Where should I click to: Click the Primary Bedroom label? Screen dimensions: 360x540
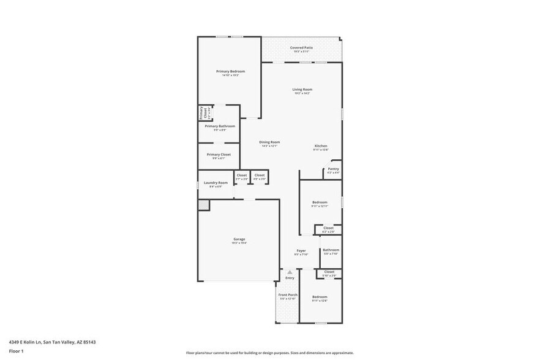(x=230, y=72)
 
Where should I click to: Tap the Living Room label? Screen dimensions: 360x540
(x=302, y=89)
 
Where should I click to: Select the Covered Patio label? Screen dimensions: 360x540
(x=301, y=47)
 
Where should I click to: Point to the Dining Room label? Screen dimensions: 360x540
(x=269, y=142)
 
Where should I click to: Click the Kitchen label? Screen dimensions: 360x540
(x=321, y=146)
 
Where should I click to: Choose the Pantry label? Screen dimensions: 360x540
(x=333, y=169)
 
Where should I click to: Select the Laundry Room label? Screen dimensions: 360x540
(x=216, y=182)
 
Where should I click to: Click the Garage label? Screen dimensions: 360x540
(x=239, y=239)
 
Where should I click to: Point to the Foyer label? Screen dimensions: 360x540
(x=301, y=250)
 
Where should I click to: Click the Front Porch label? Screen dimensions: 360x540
(x=288, y=295)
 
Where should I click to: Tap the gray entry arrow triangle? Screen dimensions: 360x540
(x=290, y=272)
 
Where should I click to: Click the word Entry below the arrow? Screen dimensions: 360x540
(x=290, y=278)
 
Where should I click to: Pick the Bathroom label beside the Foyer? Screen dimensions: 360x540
(x=331, y=250)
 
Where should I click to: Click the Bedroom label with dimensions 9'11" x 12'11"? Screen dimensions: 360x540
(x=320, y=202)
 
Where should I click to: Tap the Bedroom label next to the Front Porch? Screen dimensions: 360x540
(x=320, y=297)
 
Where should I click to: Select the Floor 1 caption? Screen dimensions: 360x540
(x=16, y=351)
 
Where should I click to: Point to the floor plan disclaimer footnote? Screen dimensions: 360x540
(x=270, y=353)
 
